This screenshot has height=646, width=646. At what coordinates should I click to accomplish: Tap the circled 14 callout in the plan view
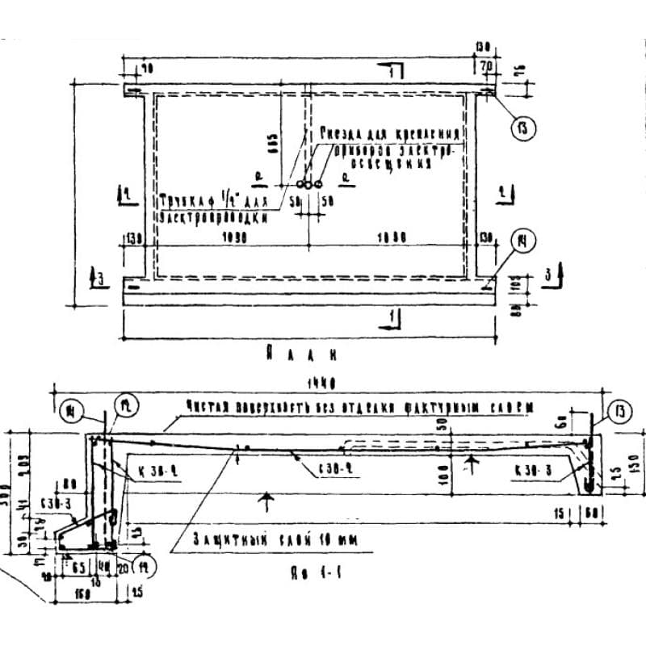pos(525,239)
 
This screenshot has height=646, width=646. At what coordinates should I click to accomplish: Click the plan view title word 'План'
pos(300,353)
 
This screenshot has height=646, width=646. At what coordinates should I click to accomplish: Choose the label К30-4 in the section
pos(151,468)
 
